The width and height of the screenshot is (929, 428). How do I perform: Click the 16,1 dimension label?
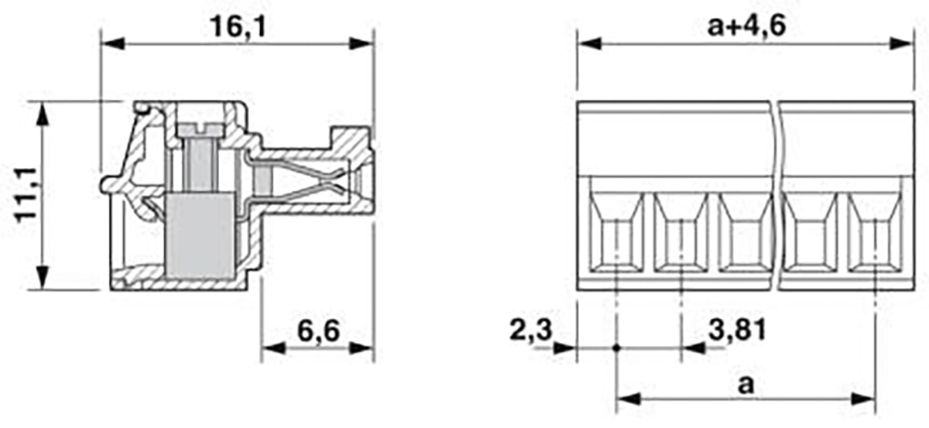coord(238,27)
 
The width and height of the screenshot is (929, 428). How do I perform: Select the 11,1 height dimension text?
coord(26,195)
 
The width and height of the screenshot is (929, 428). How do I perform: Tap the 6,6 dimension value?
coord(318,331)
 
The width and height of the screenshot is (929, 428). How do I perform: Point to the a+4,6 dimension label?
coord(746,26)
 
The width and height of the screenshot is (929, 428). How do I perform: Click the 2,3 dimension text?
coord(531,330)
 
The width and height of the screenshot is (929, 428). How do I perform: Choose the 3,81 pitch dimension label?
coord(737,330)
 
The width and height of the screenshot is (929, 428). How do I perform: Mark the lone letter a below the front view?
coord(746,385)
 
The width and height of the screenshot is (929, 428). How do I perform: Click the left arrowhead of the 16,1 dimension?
coord(113,43)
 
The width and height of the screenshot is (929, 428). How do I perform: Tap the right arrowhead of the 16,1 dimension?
coord(362,43)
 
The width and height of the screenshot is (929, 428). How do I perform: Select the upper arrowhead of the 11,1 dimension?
coord(43,113)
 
